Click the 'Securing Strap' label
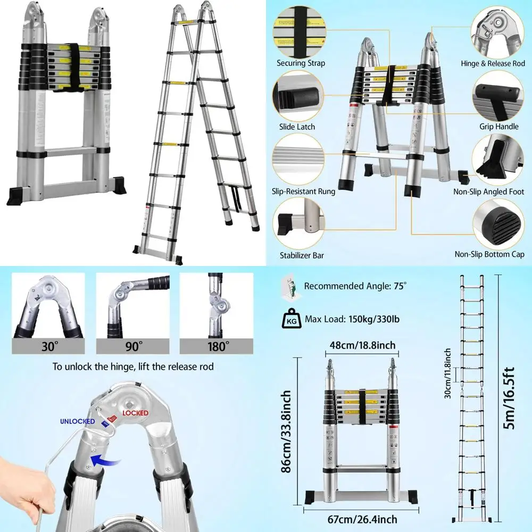pos(301,63)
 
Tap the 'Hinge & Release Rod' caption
pos(493,63)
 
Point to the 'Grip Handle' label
pos(499,127)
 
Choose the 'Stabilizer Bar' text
pos(302,255)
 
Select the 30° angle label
pos(48,346)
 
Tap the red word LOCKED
pos(135,413)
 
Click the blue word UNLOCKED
pos(77,421)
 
